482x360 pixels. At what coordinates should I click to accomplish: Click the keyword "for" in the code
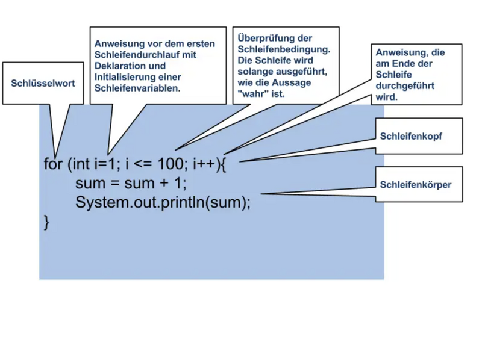[53, 164]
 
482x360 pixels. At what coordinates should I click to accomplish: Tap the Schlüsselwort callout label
[43, 84]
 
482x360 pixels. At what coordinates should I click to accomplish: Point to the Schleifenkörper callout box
[415, 185]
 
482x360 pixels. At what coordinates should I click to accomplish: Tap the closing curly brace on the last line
[47, 222]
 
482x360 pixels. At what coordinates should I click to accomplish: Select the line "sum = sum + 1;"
[131, 183]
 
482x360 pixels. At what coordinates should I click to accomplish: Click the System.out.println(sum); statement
[163, 202]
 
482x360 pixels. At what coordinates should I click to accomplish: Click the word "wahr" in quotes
[253, 95]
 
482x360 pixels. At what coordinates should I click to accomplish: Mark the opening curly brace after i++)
[222, 164]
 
